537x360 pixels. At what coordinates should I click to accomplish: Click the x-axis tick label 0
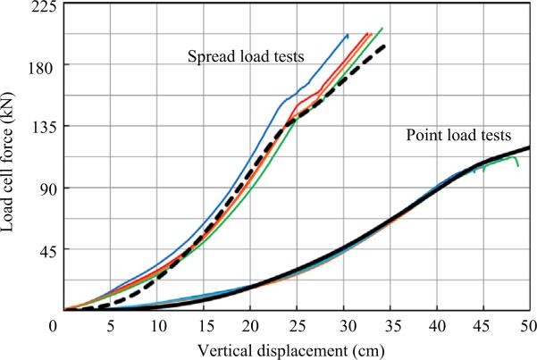pyautogui.click(x=64, y=323)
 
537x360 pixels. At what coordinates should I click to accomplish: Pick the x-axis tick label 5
pyautogui.click(x=112, y=323)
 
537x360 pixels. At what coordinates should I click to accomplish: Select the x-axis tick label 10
pyautogui.click(x=158, y=323)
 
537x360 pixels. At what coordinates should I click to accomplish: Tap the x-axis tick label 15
pyautogui.click(x=205, y=323)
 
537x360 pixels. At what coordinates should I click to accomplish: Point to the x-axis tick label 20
pyautogui.click(x=251, y=323)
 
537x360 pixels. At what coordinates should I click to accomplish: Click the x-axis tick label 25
pyautogui.click(x=298, y=323)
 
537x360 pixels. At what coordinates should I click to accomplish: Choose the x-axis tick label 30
pyautogui.click(x=344, y=323)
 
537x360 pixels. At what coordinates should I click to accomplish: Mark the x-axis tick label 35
pyautogui.click(x=390, y=323)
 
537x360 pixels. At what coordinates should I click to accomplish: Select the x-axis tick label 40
pyautogui.click(x=437, y=323)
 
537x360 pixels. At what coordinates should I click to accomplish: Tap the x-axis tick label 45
pyautogui.click(x=483, y=323)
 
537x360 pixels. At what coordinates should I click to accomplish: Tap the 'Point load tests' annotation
pyautogui.click(x=458, y=137)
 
